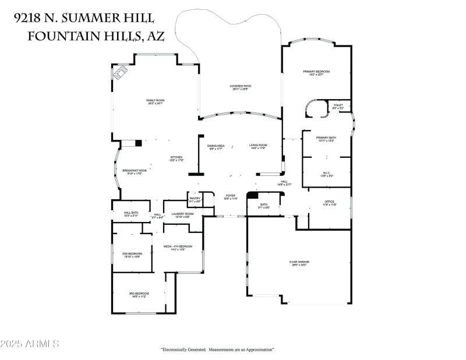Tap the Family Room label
pyautogui.click(x=155, y=101)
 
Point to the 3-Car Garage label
pyautogui.click(x=299, y=263)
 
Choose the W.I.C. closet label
pyautogui.click(x=326, y=173)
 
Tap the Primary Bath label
pyautogui.click(x=325, y=139)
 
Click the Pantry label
pyautogui.click(x=195, y=199)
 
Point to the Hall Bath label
pyautogui.click(x=130, y=213)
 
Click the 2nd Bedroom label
pyautogui.click(x=132, y=254)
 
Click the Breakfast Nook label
pyautogui.click(x=134, y=171)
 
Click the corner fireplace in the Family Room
pyautogui.click(x=120, y=73)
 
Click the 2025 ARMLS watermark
pyautogui.click(x=30, y=344)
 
